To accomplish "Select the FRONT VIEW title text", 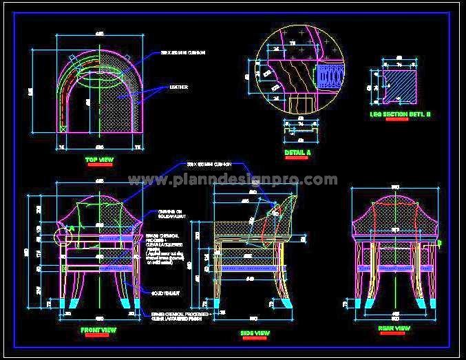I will (x=98, y=330).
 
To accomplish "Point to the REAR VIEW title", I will (x=394, y=328).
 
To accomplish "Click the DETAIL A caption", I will (x=297, y=151).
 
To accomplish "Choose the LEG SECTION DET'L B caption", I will (x=400, y=114).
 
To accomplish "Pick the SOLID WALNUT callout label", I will (x=165, y=293).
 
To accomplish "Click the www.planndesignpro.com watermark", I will (x=233, y=180).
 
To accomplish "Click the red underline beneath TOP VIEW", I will (x=99, y=166).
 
